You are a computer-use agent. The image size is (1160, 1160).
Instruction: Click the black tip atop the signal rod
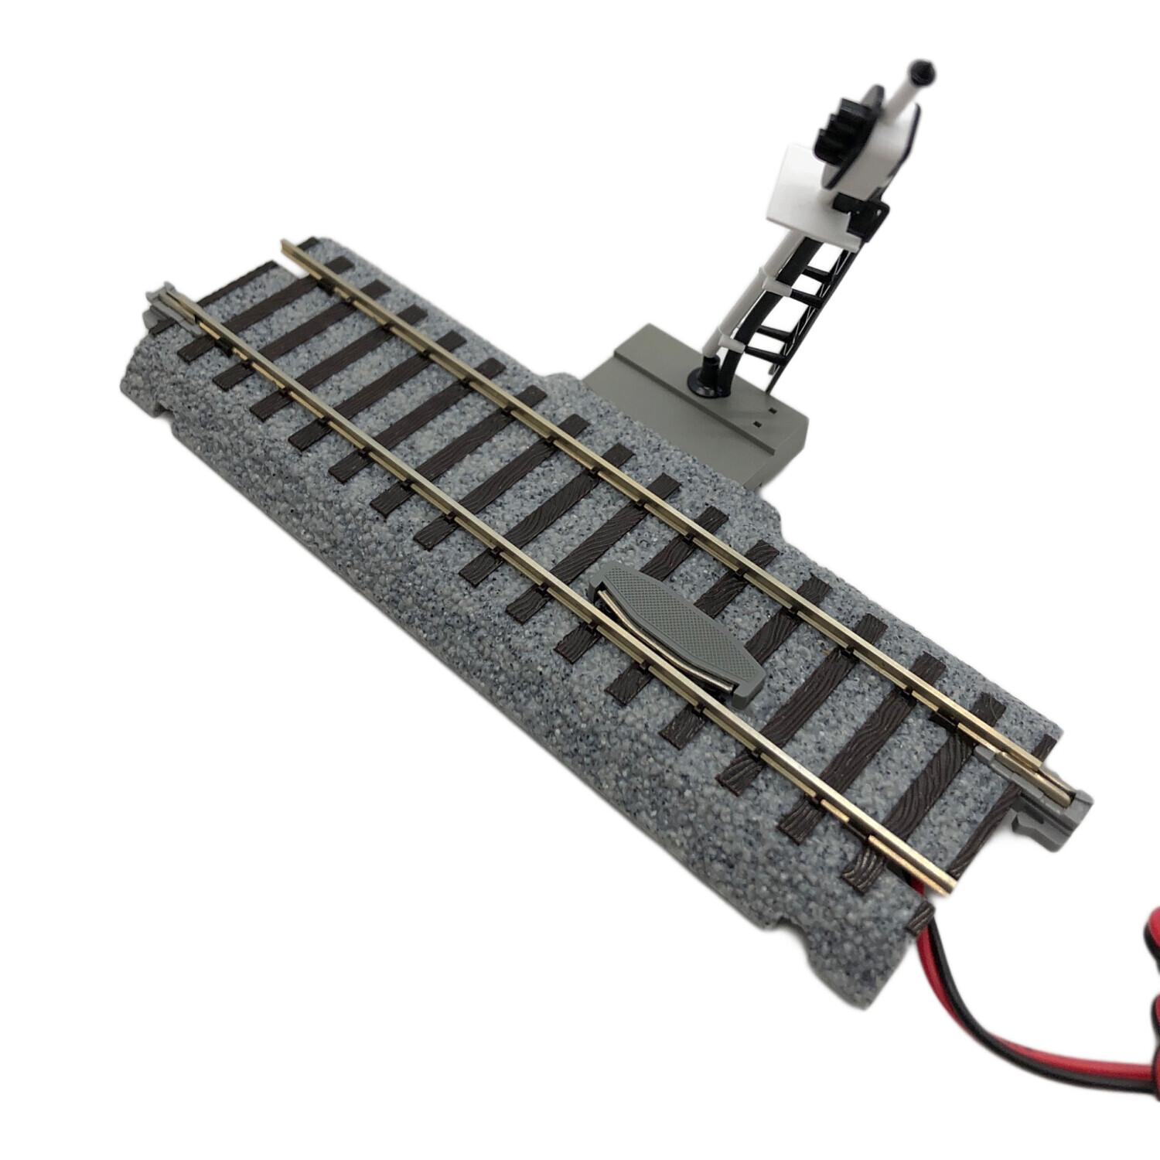(x=922, y=71)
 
